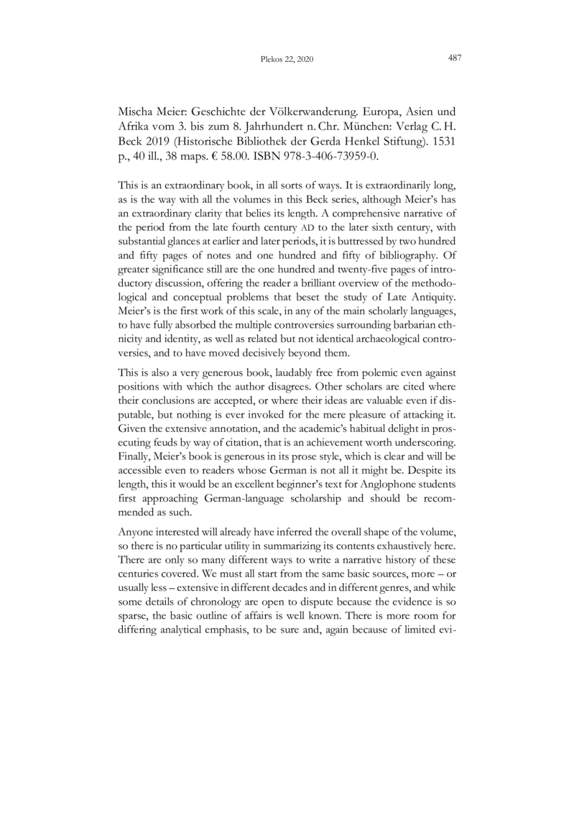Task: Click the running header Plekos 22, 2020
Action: pos(284,60)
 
